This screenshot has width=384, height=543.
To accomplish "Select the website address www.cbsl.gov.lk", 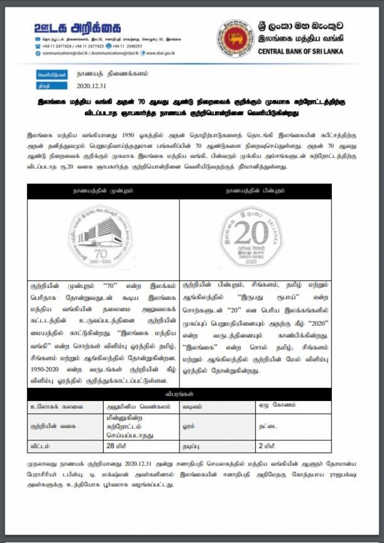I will [x=159, y=53].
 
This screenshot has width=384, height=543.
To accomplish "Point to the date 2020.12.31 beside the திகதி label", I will [x=94, y=86].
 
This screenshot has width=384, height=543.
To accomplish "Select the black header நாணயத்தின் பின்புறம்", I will [x=255, y=191].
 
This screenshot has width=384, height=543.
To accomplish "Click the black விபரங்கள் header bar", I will [x=179, y=394].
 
